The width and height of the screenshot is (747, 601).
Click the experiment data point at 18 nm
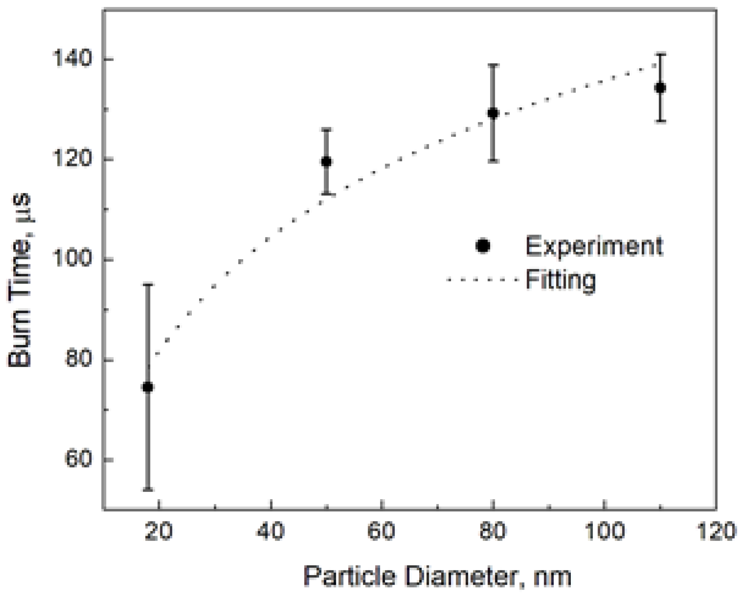coord(148,387)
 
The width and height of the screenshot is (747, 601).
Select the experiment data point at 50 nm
coord(326,161)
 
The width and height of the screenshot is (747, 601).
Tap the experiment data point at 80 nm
coord(493,113)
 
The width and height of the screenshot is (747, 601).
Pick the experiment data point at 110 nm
coord(660,88)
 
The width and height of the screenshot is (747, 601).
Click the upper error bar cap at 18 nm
coord(148,284)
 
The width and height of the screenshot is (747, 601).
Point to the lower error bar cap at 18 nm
coord(148,489)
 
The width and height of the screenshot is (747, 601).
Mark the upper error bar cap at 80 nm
coord(493,65)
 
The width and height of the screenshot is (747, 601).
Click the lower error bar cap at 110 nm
coord(660,121)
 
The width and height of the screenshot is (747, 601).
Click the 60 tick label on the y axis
coord(78,459)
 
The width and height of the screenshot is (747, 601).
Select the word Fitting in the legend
coord(561,280)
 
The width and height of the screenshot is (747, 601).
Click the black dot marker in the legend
coord(483,246)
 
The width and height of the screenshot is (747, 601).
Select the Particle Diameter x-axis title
coord(437,576)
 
